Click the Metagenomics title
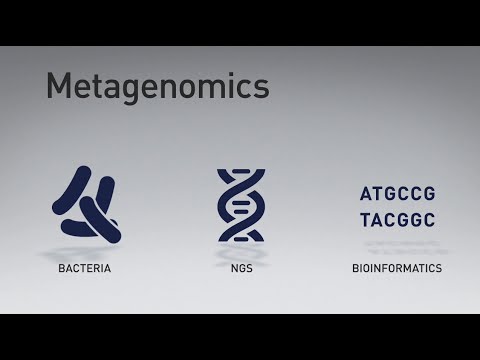pos(158,86)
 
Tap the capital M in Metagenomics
pos(61,85)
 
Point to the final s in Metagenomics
pos(262,87)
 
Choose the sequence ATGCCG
pos(397,194)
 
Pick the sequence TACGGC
pos(397,220)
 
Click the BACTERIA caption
pos(84,269)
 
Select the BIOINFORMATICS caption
pos(397,269)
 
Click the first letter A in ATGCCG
pos(366,194)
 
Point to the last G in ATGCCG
pos(429,194)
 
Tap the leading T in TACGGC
pos(366,220)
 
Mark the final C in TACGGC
pos(429,220)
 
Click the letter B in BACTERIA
pos(61,269)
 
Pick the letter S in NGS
pos(248,269)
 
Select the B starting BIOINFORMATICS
pos(356,269)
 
